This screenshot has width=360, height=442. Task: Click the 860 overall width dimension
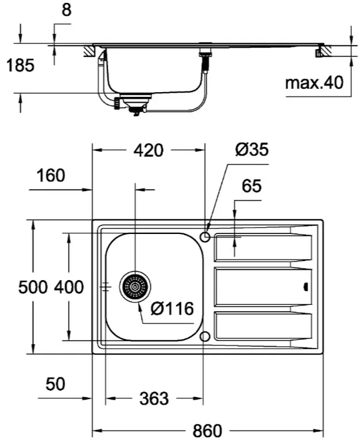click(207, 430)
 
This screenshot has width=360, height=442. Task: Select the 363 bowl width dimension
click(154, 399)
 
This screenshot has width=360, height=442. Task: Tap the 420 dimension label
click(149, 150)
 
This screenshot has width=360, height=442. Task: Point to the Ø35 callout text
click(252, 149)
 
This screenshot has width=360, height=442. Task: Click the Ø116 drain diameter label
click(172, 308)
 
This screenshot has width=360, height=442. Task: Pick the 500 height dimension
click(33, 288)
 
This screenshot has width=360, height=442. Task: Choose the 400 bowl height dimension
click(69, 288)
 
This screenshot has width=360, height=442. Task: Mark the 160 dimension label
click(51, 175)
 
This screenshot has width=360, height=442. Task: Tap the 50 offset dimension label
click(55, 384)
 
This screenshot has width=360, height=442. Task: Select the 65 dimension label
click(252, 186)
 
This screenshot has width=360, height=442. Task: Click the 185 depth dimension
click(20, 65)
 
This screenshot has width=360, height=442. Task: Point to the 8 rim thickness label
click(66, 10)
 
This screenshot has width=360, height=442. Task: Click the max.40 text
click(314, 83)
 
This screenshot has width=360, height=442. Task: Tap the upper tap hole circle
click(205, 236)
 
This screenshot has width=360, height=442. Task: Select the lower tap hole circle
click(205, 337)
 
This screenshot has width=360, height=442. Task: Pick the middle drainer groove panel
click(263, 287)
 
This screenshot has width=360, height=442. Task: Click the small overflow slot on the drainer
click(306, 287)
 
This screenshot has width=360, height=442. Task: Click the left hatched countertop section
click(90, 51)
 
